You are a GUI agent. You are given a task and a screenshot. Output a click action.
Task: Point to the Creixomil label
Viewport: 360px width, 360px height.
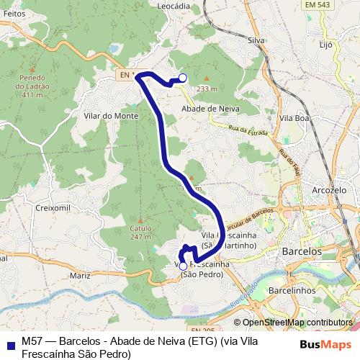[x=51, y=207]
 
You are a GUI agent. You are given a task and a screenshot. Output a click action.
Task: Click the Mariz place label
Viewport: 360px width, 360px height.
[x=80, y=274]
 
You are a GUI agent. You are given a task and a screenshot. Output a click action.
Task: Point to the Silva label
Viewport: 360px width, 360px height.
[x=256, y=41]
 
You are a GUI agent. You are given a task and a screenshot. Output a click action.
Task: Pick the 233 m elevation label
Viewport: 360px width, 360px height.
[x=207, y=88]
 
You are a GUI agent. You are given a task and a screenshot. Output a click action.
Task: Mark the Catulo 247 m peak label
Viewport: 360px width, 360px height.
[x=140, y=231]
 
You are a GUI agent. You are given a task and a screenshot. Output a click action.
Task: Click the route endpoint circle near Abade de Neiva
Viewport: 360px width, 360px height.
[x=182, y=78]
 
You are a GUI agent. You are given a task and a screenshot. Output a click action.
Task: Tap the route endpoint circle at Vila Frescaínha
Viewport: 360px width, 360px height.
[x=183, y=266]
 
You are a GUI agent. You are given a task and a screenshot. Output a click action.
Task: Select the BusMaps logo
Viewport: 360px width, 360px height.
[x=326, y=345]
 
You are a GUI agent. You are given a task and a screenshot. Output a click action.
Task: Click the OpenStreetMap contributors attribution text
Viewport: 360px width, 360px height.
[x=297, y=323]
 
